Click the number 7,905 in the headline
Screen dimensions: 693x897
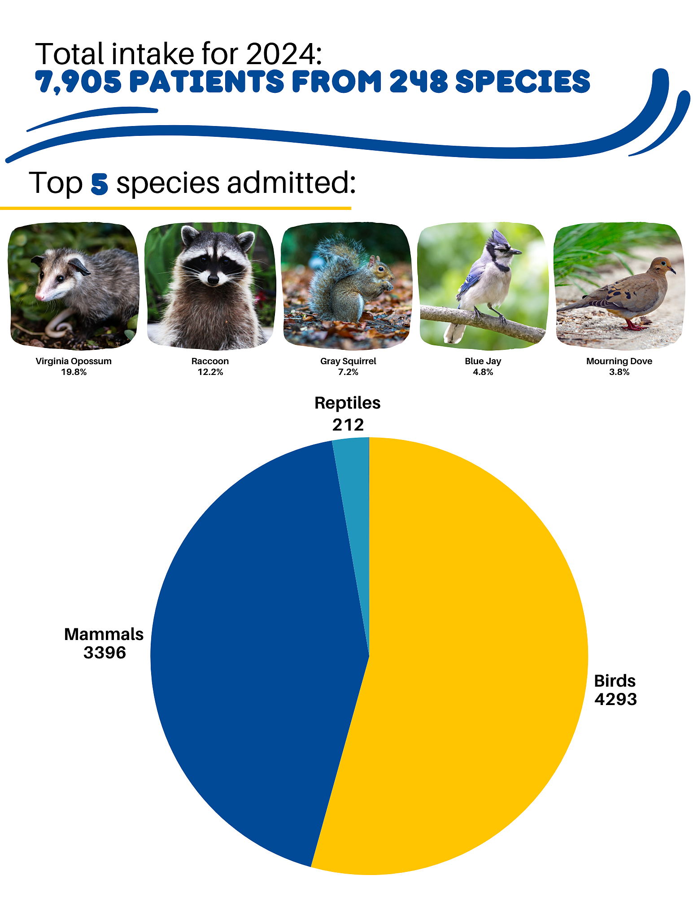(78, 82)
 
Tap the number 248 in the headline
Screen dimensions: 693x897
(418, 82)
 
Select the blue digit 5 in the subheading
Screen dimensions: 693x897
(99, 183)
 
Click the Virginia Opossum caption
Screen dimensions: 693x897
(74, 361)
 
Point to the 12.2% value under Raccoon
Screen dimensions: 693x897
(210, 372)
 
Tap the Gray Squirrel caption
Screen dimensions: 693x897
(348, 361)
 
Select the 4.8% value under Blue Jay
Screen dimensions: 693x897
(483, 372)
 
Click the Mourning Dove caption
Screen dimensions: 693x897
(619, 361)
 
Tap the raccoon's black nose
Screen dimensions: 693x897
(213, 279)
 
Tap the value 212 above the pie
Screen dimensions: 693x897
(348, 425)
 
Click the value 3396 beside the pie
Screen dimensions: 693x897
(105, 653)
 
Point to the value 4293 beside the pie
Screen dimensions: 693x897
(615, 699)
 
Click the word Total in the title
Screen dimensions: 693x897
(70, 54)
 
